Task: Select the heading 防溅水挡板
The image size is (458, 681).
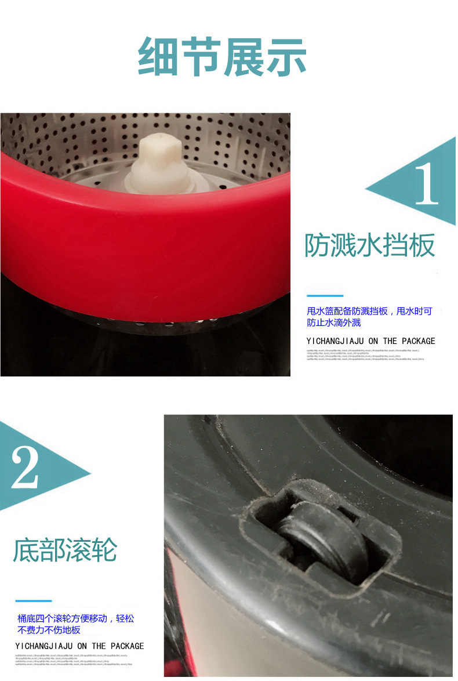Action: click(370, 246)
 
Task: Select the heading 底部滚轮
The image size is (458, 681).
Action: click(65, 550)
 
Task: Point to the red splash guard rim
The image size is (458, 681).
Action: click(145, 244)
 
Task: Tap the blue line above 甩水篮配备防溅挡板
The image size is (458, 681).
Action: click(325, 296)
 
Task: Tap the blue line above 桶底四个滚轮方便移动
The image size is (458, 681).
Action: click(33, 601)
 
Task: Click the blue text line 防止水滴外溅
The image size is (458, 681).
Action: click(334, 323)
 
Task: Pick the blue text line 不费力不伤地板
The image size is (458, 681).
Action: click(49, 630)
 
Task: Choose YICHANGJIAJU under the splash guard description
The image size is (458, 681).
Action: click(335, 341)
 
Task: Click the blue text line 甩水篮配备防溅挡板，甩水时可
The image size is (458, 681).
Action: click(369, 311)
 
